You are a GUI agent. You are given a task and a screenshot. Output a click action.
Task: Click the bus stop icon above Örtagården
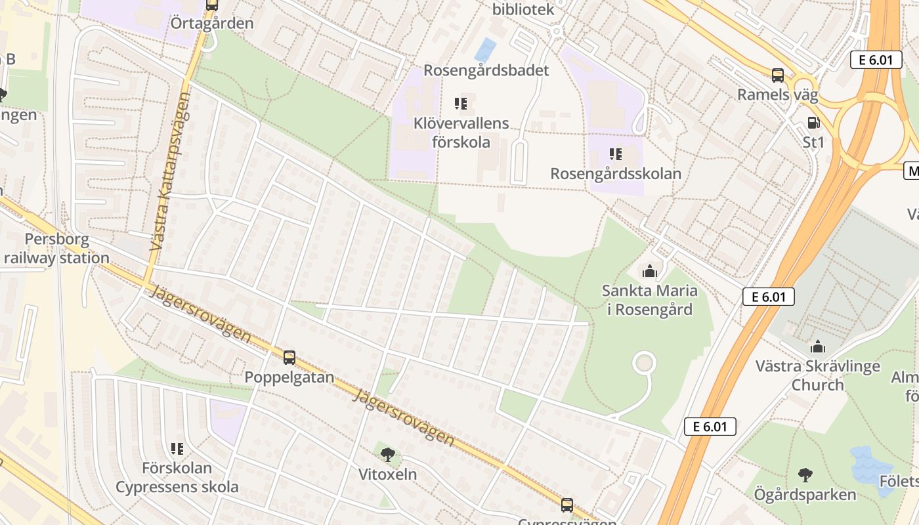click(211, 5)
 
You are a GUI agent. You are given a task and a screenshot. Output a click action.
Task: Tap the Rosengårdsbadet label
click(486, 70)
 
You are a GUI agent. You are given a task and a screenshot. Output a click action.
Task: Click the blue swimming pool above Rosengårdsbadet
click(485, 50)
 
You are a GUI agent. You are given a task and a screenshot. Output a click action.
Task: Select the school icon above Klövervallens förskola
click(460, 103)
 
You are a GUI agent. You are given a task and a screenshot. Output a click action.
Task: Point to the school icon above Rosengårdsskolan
click(615, 154)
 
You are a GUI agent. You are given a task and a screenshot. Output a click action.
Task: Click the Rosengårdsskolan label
click(615, 174)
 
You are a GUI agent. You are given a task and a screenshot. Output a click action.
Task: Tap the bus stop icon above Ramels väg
click(778, 75)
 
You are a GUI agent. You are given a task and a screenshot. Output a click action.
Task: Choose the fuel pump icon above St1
click(813, 123)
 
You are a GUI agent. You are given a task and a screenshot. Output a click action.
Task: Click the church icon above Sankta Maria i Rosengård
click(649, 270)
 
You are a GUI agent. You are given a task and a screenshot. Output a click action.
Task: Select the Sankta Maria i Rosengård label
click(649, 299)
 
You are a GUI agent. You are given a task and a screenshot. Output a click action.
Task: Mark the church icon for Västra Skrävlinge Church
click(817, 346)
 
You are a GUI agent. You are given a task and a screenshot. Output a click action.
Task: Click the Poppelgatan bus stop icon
click(289, 358)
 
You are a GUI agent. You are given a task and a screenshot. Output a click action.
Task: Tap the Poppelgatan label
click(289, 377)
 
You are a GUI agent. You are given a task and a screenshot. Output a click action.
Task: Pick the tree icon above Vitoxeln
click(387, 453)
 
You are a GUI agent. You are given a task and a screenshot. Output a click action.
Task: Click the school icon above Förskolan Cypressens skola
click(177, 449)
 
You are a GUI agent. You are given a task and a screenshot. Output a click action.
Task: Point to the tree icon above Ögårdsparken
click(805, 475)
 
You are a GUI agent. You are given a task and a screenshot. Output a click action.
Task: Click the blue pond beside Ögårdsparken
click(871, 463)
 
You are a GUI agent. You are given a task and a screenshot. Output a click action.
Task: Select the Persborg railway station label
click(56, 248)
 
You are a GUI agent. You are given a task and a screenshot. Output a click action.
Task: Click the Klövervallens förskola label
click(461, 132)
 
